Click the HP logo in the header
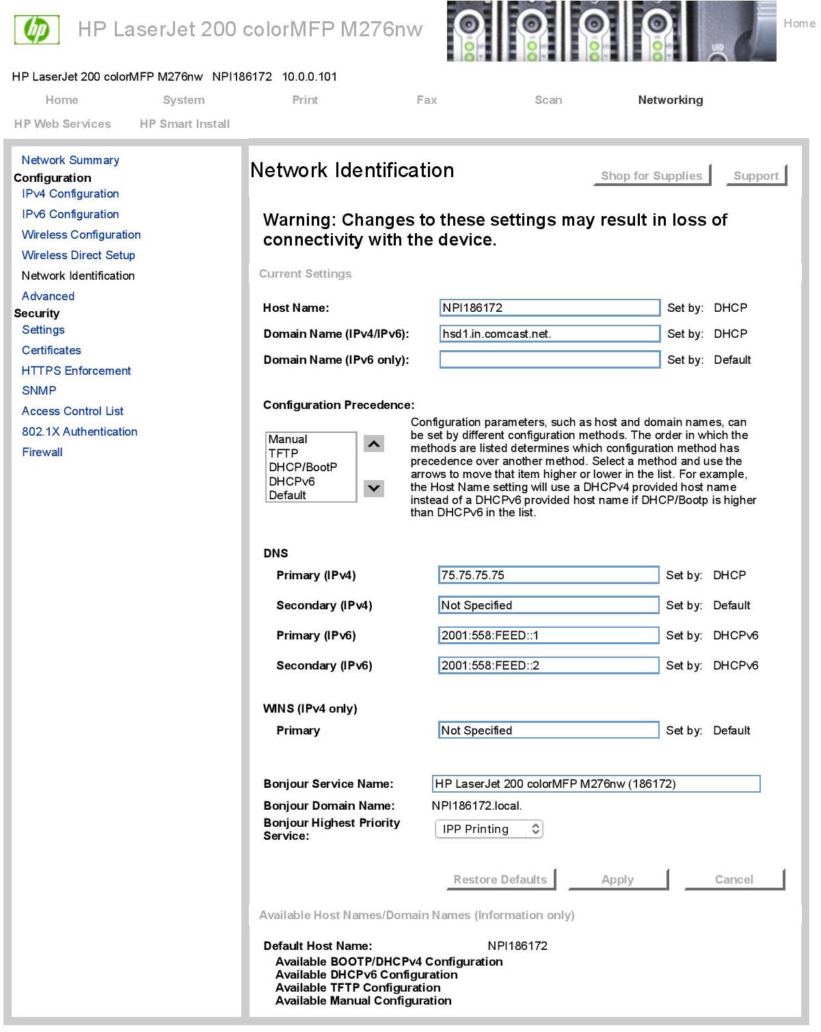[37, 29]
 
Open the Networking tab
[670, 100]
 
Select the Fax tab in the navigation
[427, 100]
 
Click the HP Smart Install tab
[185, 124]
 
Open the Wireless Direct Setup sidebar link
[79, 255]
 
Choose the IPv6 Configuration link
[70, 214]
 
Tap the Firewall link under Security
[42, 452]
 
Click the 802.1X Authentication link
[79, 432]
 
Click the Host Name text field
[550, 308]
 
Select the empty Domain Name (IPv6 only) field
[550, 360]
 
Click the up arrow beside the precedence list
[374, 444]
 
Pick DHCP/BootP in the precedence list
[303, 467]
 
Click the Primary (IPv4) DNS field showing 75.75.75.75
[548, 575]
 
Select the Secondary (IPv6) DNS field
[548, 665]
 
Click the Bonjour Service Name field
[596, 784]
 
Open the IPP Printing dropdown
[489, 829]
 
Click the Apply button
[617, 879]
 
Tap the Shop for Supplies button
[651, 176]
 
